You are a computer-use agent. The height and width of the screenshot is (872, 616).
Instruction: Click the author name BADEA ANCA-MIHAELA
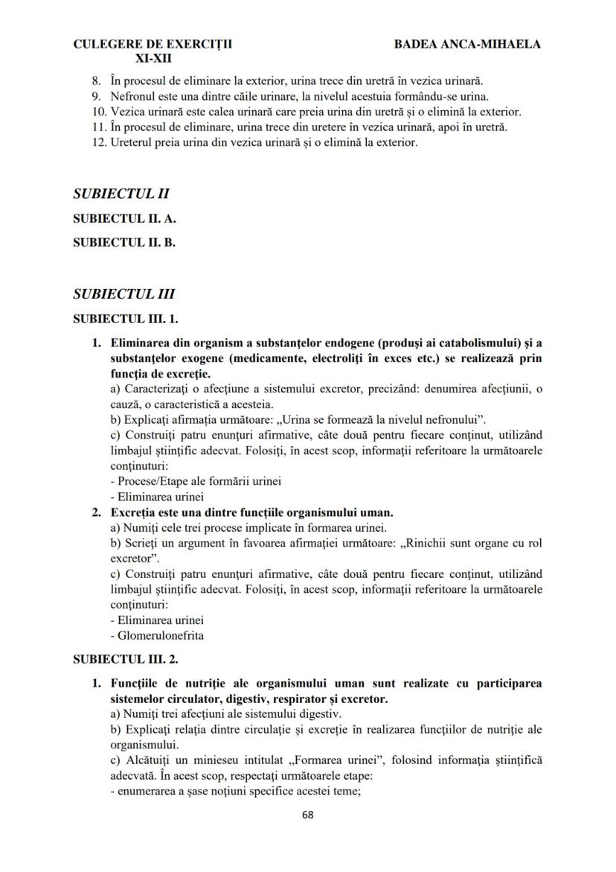click(467, 45)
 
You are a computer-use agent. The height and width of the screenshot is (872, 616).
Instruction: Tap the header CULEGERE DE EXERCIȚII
click(153, 45)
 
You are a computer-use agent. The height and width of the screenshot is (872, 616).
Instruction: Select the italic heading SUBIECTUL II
click(121, 194)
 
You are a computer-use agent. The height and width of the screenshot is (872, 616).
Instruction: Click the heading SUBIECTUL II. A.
click(124, 219)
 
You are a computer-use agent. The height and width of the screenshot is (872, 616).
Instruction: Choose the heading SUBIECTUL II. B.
click(124, 241)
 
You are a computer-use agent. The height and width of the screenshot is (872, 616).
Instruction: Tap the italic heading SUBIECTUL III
click(124, 294)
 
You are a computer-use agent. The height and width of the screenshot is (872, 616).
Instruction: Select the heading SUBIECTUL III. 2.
click(126, 659)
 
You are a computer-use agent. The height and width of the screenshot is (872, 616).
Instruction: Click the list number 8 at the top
click(95, 80)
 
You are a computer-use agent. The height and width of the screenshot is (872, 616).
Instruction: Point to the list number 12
click(98, 142)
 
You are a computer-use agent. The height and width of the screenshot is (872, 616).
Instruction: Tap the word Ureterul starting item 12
click(132, 142)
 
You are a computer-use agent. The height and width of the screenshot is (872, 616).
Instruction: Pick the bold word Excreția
click(134, 513)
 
